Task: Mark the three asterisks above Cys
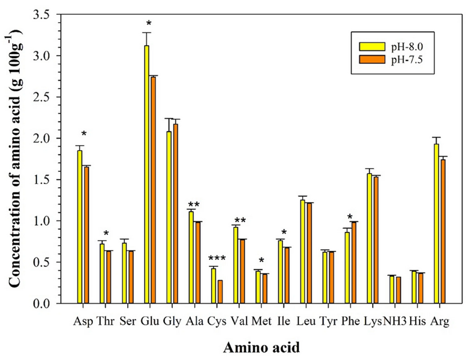pos(217,259)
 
